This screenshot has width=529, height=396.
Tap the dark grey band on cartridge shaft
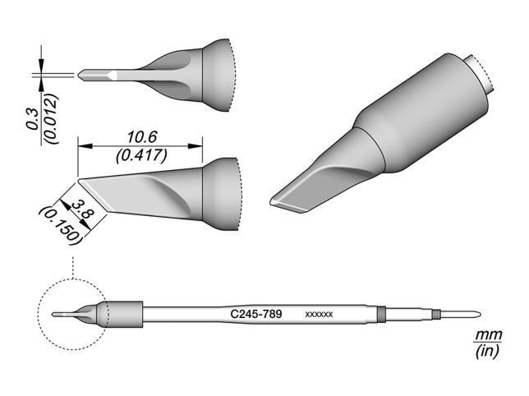[x=380, y=313]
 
